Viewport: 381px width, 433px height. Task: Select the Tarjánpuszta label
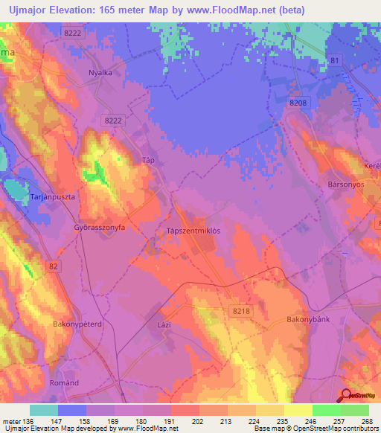click(x=50, y=196)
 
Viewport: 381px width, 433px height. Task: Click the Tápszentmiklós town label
click(x=193, y=231)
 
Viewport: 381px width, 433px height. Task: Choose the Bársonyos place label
click(x=346, y=183)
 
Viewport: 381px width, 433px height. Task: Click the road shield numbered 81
click(x=334, y=60)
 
